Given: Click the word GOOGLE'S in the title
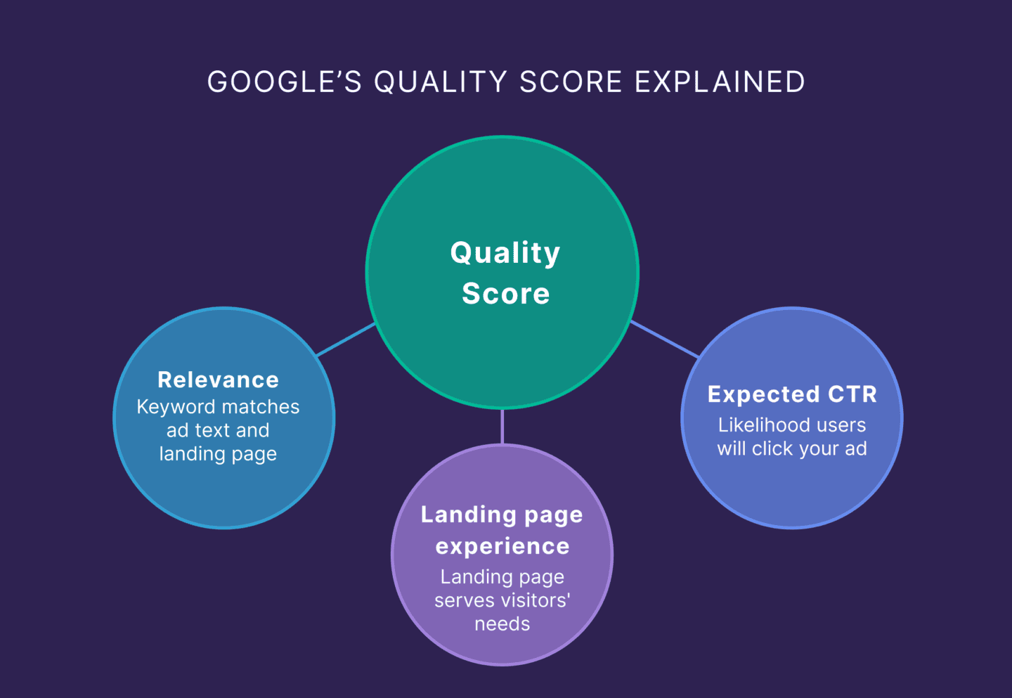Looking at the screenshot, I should pos(284,82).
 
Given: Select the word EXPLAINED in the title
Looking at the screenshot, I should pos(720,82).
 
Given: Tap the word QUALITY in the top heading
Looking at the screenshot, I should pos(441,82).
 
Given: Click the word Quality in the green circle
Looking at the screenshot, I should pos(505,253).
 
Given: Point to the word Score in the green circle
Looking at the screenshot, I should pos(505,294).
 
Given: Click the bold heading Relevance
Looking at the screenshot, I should pos(218,380).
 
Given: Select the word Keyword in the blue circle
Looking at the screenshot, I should pos(176,407).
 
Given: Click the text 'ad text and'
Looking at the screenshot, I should pos(218,430).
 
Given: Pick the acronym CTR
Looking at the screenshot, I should pos(852,394).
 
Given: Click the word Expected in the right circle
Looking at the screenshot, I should pos(763,394).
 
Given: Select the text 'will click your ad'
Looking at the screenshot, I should pos(792,448).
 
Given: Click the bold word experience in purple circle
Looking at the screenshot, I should pos(502,546).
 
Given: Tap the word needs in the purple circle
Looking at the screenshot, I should pos(502,624).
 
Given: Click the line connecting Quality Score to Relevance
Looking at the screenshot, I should pos(346,340).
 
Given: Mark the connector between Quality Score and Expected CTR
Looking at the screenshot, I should pos(664,339).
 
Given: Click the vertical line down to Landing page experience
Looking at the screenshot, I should pos(502,426).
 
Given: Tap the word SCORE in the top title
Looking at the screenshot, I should pos(571,82).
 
